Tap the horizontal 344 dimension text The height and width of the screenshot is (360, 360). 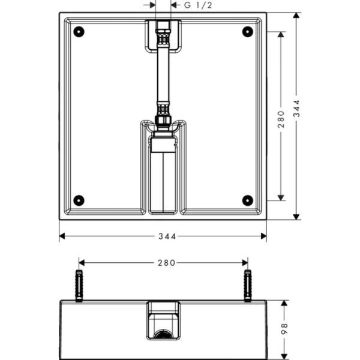[x=163, y=236]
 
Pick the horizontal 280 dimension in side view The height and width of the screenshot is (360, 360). [x=163, y=262]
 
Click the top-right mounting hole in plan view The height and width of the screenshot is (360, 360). [x=247, y=31]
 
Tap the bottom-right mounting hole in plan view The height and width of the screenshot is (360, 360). [x=247, y=200]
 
